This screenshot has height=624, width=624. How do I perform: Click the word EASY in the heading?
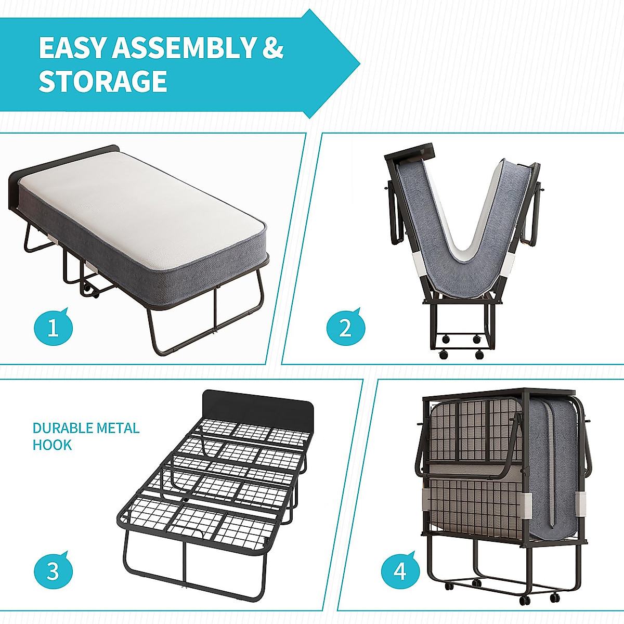(x=73, y=48)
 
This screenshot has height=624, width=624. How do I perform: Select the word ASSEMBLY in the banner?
(x=184, y=48)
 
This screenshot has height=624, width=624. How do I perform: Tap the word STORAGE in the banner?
(x=103, y=82)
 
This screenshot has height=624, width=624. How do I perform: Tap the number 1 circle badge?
(x=53, y=328)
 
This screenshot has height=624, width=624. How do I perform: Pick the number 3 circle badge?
(x=53, y=570)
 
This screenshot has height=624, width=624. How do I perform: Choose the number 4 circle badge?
(x=399, y=571)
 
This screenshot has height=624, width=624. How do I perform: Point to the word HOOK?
(x=52, y=445)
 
